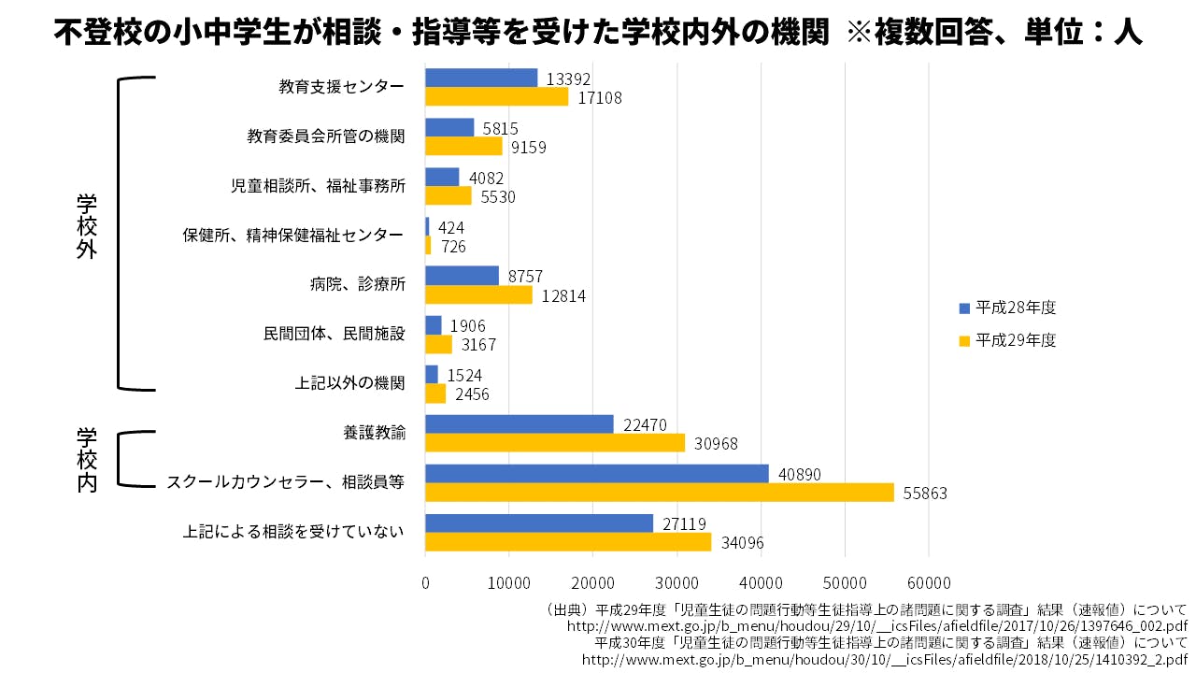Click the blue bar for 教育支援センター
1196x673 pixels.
(x=481, y=78)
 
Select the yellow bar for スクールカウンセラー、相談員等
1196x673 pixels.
(x=659, y=492)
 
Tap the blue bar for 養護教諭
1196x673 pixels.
(x=519, y=424)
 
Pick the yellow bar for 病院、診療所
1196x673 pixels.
(x=478, y=294)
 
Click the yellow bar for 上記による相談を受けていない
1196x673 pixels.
(x=567, y=541)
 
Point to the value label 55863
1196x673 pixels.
(x=925, y=493)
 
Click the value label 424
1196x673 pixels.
(x=450, y=227)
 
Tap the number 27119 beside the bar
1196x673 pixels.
(x=685, y=523)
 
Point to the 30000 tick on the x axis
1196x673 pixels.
(x=677, y=581)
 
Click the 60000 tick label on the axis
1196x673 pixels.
(x=929, y=581)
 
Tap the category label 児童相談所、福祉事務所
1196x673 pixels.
(x=318, y=185)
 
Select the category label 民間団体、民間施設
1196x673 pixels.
(x=334, y=333)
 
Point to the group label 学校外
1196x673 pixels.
(x=87, y=227)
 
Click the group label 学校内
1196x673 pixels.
(x=87, y=460)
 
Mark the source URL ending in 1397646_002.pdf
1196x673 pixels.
(x=877, y=625)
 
